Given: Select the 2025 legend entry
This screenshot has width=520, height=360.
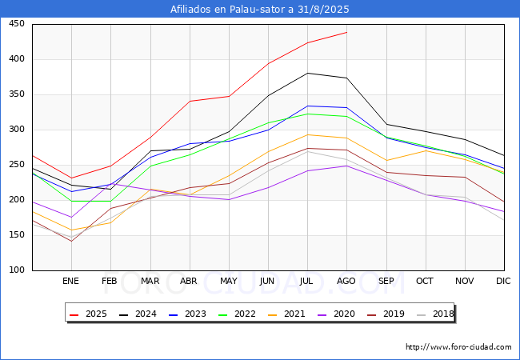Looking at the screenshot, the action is coord(88,314).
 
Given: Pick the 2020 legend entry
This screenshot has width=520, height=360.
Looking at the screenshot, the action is coord(336,314).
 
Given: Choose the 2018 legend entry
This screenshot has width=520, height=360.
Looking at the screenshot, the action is coord(435,314).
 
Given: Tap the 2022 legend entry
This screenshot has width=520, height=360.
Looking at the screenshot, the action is coord(237,314).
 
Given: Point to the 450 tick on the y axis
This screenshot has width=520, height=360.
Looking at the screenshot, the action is coord(17,24).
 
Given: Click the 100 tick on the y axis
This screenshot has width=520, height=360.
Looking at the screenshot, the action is coord(17,270).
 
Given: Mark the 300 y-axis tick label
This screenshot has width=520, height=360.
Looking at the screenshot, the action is coord(17,130).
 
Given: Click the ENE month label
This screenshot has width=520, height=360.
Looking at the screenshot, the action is coord(70,281).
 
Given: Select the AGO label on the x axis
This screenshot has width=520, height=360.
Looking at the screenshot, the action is coord(346,281).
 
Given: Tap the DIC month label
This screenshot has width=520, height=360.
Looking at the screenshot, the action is coord(503,281).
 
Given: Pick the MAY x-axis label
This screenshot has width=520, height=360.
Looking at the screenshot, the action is coord(229,281).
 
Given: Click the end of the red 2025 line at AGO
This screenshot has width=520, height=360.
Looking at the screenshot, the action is coord(347,32).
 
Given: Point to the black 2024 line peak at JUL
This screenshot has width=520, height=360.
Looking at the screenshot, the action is coord(307,73).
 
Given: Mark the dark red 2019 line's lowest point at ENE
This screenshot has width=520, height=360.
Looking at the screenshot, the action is coord(71,241).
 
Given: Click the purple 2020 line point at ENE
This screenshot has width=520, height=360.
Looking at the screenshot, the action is coord(71,217).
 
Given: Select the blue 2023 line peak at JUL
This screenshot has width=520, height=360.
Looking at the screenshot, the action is coord(307,106).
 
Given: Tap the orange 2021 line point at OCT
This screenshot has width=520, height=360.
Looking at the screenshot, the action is coord(426,150).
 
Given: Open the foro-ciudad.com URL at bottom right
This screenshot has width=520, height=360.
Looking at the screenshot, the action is coord(458,347).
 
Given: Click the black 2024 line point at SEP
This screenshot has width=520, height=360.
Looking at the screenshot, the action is coord(386,124).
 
